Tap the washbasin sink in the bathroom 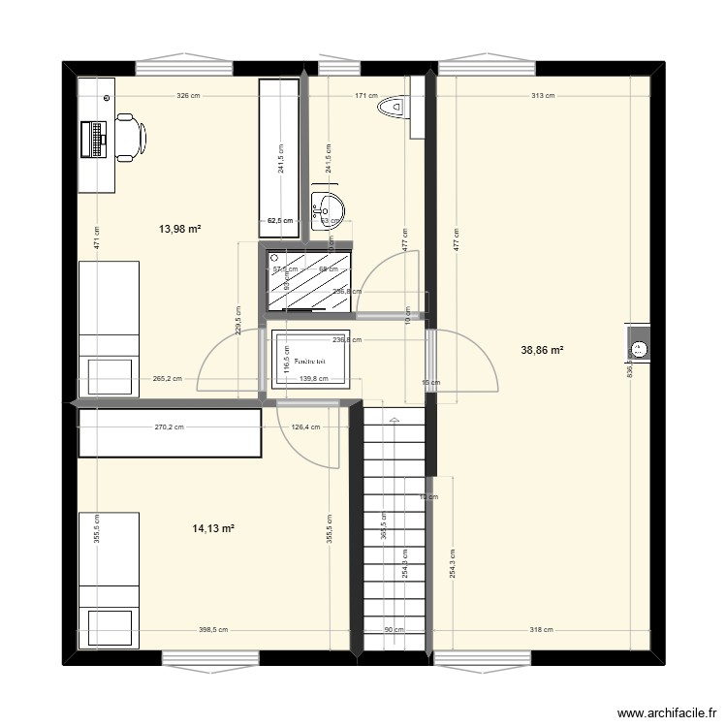328,208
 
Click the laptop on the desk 96,138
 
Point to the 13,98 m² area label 179,229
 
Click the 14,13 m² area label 214,528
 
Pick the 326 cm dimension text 188,96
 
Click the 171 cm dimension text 366,96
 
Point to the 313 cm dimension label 543,96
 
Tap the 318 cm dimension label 543,630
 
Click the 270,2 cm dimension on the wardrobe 170,426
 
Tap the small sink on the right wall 640,348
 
